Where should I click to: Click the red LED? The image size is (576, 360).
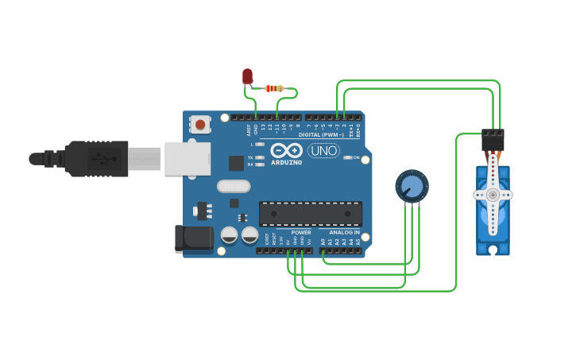click(x=247, y=75)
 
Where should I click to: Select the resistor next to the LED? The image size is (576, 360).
click(x=274, y=88)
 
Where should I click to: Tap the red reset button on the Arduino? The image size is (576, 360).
click(x=200, y=124)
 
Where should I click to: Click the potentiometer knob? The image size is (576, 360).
click(x=412, y=187)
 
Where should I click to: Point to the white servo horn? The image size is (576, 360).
click(x=493, y=194)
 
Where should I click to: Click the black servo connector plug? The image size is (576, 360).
click(x=493, y=140)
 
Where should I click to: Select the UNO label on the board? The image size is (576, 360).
click(x=323, y=150)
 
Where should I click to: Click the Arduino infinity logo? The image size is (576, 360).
click(x=286, y=150)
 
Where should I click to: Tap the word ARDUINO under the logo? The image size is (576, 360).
click(x=287, y=162)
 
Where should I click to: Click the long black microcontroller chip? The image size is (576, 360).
click(x=310, y=213)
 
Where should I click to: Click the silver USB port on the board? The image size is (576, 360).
click(x=187, y=158)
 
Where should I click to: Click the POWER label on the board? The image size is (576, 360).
click(x=301, y=232)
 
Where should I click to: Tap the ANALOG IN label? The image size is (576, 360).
click(x=345, y=232)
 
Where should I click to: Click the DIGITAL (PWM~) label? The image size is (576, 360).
click(x=321, y=134)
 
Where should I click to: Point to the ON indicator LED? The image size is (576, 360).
click(x=347, y=157)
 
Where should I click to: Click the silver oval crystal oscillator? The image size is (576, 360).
click(x=233, y=186)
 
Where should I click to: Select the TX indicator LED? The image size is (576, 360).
click(x=260, y=157)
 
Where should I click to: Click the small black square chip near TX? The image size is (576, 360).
click(x=236, y=163)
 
